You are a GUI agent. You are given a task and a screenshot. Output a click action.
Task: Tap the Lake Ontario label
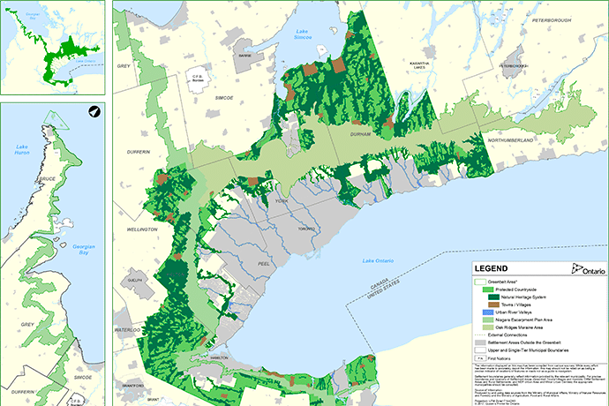(380, 261)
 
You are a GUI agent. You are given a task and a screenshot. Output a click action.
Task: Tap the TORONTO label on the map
(305, 229)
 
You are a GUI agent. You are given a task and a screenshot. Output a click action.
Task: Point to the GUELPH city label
(135, 279)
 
